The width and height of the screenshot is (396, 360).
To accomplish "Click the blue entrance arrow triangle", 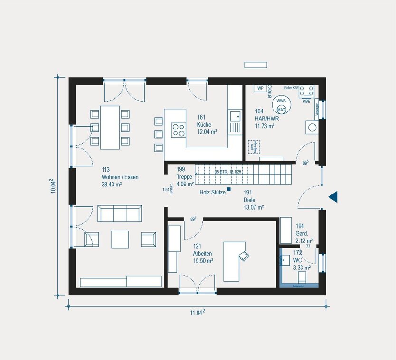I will pos(333,196).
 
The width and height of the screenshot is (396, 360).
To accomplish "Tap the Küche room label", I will pos(204,125).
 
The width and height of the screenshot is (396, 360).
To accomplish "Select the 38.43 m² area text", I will pos(112,185).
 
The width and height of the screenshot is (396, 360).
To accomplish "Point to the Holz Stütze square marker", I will pos(229,189).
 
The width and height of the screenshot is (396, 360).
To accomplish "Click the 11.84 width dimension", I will pos(197,312).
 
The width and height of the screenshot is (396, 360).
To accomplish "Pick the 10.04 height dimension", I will pos(53,186).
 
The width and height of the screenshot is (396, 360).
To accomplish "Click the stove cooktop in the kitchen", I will pos(179,129).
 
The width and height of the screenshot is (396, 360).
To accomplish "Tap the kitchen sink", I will pos(235,115).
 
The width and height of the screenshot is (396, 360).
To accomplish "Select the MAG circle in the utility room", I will pos(281,110).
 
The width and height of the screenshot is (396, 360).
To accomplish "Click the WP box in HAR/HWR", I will pos(260,88).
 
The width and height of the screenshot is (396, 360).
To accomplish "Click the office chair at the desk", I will pos(244,256).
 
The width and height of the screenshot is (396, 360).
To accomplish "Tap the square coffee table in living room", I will pos(120,239).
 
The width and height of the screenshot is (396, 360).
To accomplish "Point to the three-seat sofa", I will pos(120,213).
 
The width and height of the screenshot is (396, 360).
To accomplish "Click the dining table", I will pos(110,127).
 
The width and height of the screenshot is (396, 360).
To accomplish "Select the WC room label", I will pos(297,260).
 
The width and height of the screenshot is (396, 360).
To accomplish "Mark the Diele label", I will pos(250,200).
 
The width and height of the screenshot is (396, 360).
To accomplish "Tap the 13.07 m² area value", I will pos(254,207).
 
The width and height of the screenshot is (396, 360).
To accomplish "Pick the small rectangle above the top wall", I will pos(255,65).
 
